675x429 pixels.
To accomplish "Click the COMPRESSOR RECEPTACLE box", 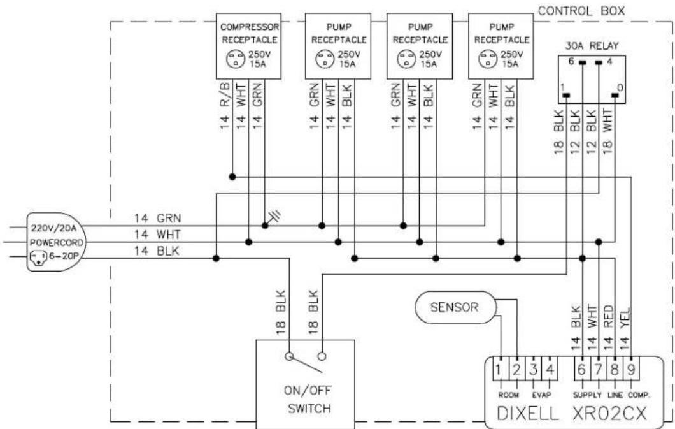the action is pos(248,46).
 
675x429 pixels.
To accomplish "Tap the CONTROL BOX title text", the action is pos(581,11).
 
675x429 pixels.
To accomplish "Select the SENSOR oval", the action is pos(455,307).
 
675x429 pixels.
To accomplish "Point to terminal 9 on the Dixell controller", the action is pos(631,370).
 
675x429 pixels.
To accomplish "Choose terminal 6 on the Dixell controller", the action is pos(581,370).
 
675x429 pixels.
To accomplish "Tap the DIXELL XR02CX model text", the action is pos(572,413).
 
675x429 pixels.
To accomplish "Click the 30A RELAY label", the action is pos(592,46).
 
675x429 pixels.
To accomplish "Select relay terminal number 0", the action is pos(620,89).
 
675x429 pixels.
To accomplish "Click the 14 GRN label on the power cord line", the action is pos(157,219).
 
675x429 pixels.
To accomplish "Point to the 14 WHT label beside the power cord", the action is pos(157,235).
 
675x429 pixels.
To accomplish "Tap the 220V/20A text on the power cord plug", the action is pos(53,228).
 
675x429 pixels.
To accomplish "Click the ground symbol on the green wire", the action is pos(274,217).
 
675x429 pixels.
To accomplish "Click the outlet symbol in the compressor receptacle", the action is pos(235,59).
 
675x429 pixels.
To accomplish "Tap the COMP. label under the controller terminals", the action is pos(639,395).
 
